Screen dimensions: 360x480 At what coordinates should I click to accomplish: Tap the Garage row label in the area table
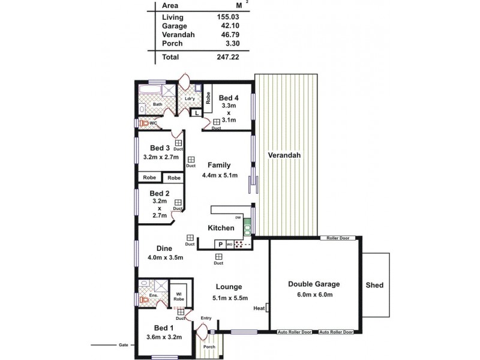coord(175,26)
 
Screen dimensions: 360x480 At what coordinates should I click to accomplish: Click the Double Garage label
coord(314,284)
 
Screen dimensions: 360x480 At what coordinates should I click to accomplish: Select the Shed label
coord(374,285)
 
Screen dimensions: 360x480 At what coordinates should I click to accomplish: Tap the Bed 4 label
coord(229,98)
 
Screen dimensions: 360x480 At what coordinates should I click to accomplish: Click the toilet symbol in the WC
coord(143,123)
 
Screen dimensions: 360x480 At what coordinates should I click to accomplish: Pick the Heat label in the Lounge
coord(259,308)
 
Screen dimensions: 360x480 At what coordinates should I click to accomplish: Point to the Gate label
coord(123,346)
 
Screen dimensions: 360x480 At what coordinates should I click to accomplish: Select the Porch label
coord(209,346)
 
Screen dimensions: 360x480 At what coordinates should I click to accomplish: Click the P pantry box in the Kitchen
coord(220,244)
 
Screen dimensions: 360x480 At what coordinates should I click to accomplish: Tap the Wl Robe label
coord(179,296)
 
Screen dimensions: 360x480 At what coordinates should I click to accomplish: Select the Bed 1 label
coord(164,328)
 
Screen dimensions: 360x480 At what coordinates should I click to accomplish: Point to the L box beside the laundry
coord(196,112)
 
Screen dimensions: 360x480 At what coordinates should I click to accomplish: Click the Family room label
coord(219,165)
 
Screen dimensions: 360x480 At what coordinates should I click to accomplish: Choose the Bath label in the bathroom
coord(157,104)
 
